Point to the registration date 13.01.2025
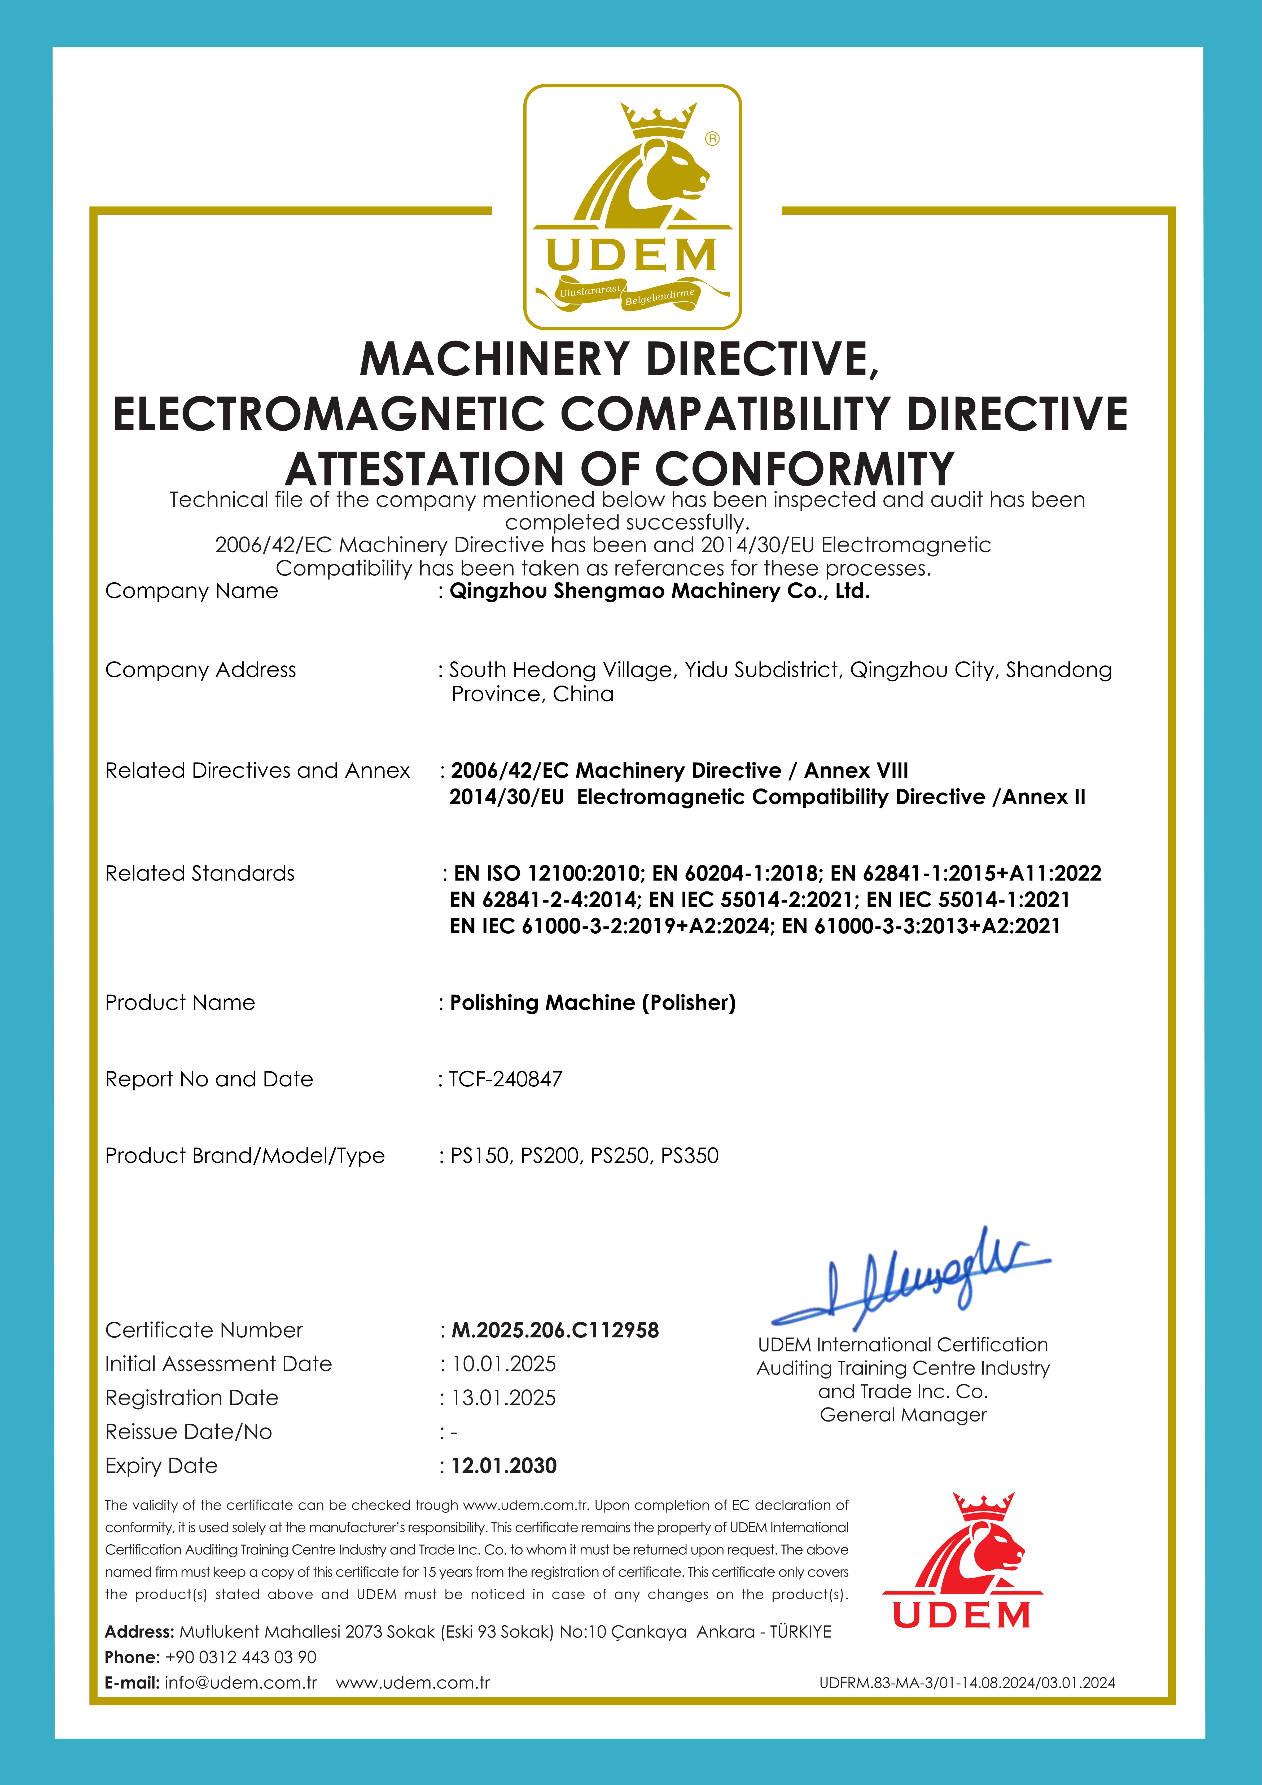(503, 1398)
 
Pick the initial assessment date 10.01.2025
(503, 1364)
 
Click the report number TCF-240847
(505, 1079)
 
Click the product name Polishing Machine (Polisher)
(592, 1003)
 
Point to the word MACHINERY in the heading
(494, 359)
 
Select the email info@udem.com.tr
(241, 1683)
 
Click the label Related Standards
(200, 874)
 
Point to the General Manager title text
(903, 1415)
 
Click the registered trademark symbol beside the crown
(712, 138)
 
